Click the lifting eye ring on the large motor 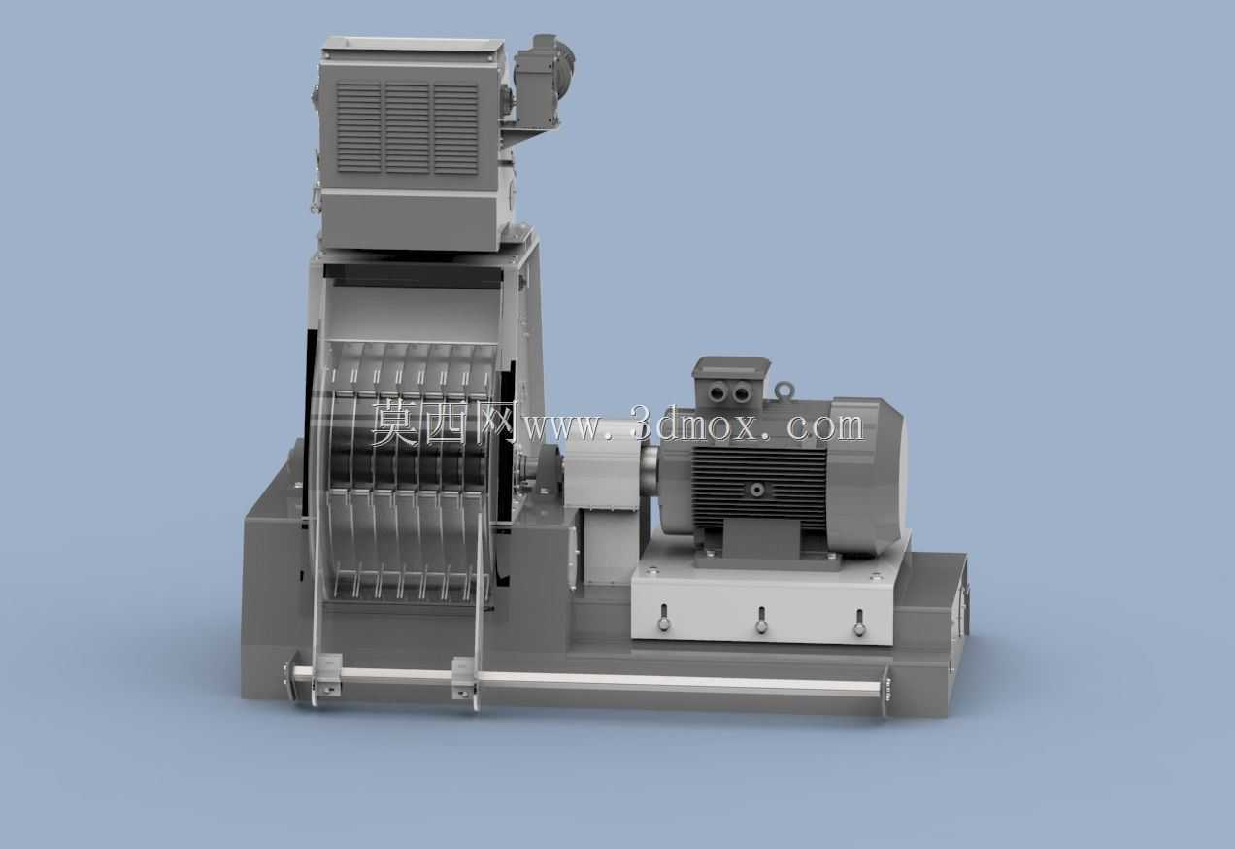pyautogui.click(x=784, y=391)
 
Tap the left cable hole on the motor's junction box pyautogui.click(x=718, y=393)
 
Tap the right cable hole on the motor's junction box pyautogui.click(x=742, y=393)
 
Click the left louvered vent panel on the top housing pyautogui.click(x=359, y=127)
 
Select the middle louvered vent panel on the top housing pyautogui.click(x=407, y=128)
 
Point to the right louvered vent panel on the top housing pyautogui.click(x=455, y=129)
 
